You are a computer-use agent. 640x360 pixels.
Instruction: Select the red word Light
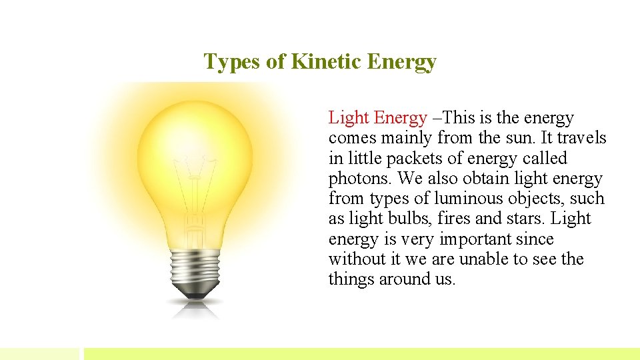click(348, 118)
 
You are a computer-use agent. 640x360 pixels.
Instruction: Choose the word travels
click(581, 138)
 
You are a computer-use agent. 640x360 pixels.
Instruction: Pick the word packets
click(410, 159)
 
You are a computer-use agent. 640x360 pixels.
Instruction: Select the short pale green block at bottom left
click(39, 353)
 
